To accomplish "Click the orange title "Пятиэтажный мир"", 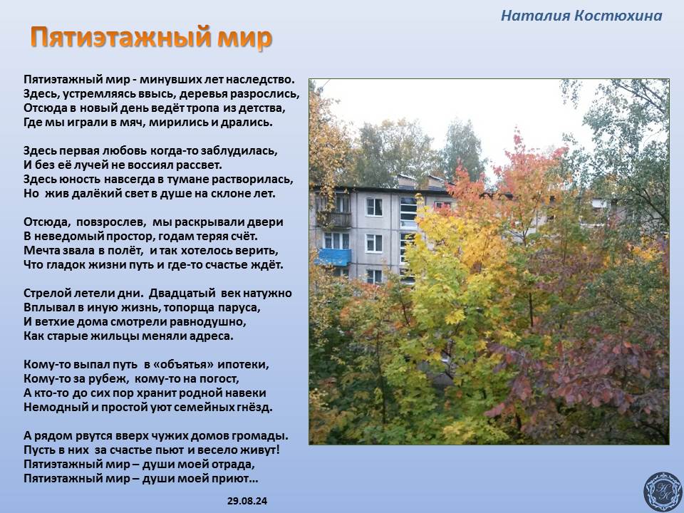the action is (x=151, y=38).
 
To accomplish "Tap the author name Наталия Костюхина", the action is (x=581, y=16).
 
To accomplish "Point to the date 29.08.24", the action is (x=247, y=501).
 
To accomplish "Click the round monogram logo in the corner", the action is (x=663, y=491).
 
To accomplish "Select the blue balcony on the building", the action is (x=333, y=257).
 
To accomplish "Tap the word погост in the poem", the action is (x=220, y=378).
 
